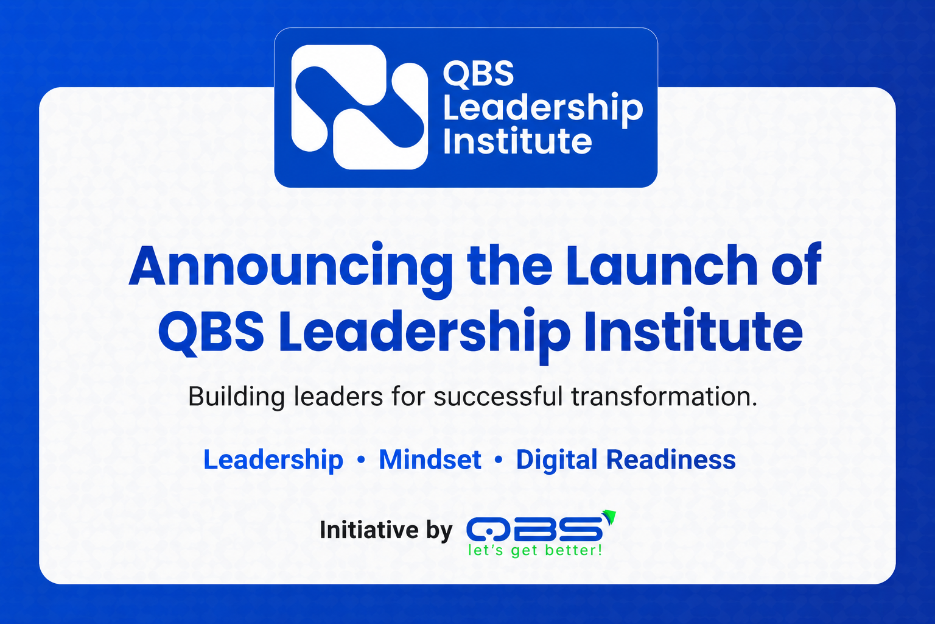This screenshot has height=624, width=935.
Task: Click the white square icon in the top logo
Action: (x=359, y=107)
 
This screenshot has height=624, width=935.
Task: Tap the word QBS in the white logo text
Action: (x=478, y=74)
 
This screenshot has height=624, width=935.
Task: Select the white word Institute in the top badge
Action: (x=517, y=140)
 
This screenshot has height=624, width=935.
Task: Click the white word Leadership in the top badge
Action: (x=543, y=108)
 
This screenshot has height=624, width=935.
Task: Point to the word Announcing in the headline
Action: (x=290, y=268)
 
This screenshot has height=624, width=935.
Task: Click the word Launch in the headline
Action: (x=660, y=266)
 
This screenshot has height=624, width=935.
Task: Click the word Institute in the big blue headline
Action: (x=693, y=330)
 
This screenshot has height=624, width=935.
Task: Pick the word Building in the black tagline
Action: (x=236, y=397)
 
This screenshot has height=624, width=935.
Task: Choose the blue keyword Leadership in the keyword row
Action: (x=273, y=460)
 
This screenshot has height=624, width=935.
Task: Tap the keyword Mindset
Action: (x=430, y=459)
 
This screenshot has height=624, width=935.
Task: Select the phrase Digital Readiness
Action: (x=626, y=460)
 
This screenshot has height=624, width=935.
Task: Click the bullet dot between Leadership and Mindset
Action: (x=361, y=459)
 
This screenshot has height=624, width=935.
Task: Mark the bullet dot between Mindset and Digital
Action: (x=499, y=459)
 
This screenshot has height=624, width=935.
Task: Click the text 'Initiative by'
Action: (x=386, y=530)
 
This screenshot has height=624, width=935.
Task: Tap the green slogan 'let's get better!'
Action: (x=535, y=550)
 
